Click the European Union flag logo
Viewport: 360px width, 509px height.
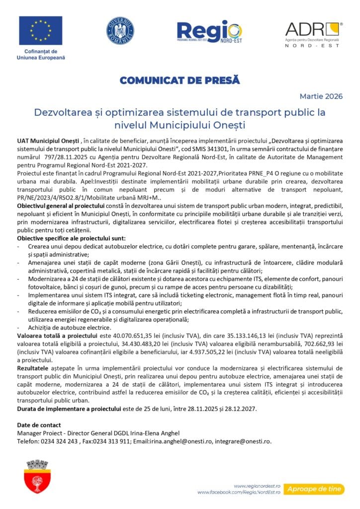(41, 31)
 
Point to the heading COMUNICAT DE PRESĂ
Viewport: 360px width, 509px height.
(180, 80)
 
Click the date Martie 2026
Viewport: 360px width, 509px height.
(321, 96)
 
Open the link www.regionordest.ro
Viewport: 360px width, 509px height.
(258, 486)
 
